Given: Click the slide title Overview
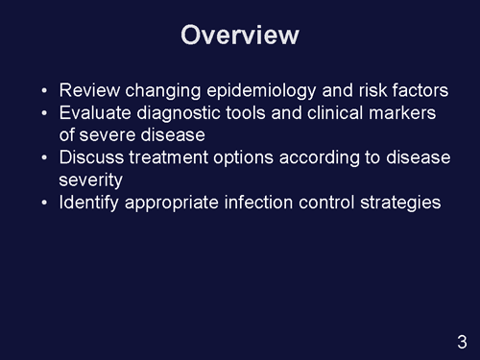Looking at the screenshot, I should (240, 35).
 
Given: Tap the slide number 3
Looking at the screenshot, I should (462, 340).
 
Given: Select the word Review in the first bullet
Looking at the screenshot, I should (88, 91).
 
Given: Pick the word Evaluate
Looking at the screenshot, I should (95, 113).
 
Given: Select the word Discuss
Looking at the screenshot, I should (93, 157).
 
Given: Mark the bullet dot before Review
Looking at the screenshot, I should (46, 92).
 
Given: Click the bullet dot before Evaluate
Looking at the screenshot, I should (46, 114).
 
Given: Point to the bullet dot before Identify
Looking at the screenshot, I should (46, 203).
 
